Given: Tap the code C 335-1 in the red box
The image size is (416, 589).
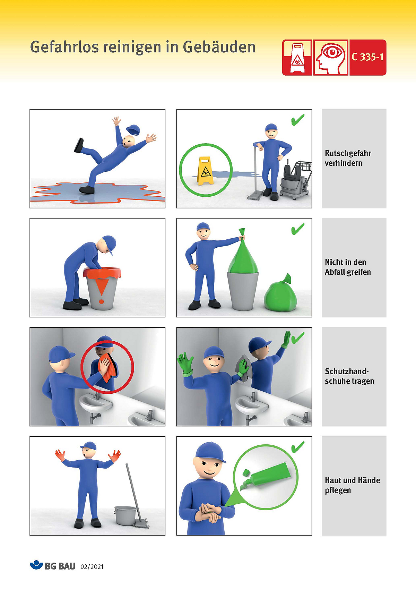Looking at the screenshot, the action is tap(368, 57).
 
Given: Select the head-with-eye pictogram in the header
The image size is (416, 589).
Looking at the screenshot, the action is tap(331, 58).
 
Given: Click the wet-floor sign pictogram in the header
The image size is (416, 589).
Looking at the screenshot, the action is tap(297, 58).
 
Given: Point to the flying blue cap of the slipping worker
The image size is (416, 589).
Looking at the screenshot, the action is tap(133, 130).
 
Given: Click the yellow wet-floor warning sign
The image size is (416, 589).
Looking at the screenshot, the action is tap(205, 171).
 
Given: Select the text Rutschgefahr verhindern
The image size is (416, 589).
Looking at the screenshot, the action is tap(348, 158).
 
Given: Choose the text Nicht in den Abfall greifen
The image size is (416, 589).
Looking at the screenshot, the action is tap(348, 267).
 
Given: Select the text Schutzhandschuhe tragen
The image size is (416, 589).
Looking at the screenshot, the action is tap(349, 376).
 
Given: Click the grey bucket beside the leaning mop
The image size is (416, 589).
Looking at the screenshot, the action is tap(125, 516).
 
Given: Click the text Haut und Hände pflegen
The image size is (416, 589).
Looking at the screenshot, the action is tap(352, 485).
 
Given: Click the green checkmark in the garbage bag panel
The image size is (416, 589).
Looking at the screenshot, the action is tap(298, 229).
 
